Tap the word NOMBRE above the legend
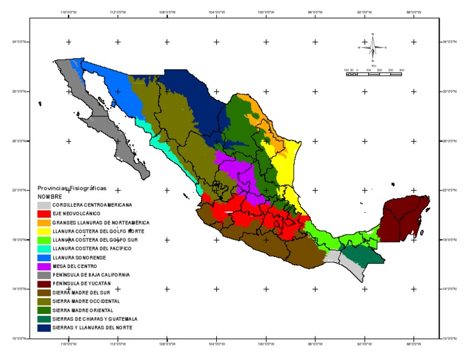click(50, 196)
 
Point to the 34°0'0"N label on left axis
click(20, 41)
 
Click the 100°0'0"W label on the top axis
click(265, 12)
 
